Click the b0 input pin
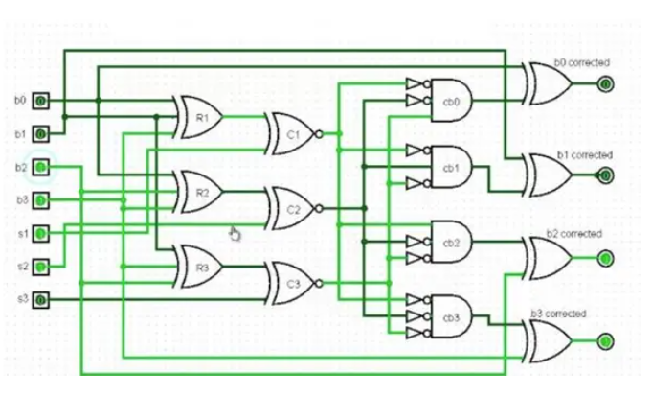pos(41,100)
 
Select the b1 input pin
pos(41,133)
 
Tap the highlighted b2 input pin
pos(41,167)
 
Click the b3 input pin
pos(41,200)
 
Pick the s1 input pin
pos(41,233)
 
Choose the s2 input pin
pos(41,267)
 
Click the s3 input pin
pos(41,300)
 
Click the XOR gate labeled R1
pos(201,117)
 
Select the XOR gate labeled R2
pos(201,192)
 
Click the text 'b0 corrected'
pos(581,62)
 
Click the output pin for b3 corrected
pos(605,341)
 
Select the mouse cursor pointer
pos(234,233)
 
